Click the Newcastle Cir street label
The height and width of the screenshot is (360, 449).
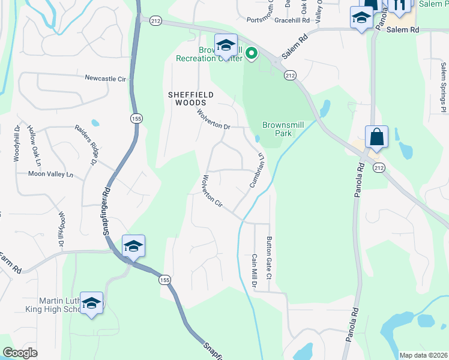point(105,79)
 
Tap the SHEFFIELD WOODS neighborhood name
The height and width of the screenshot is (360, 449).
point(190,99)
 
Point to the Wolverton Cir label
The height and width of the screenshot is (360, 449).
point(213,192)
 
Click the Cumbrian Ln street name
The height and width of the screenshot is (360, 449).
point(258,170)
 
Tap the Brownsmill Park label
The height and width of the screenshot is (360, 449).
point(277,129)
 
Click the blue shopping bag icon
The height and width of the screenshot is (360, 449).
point(376,137)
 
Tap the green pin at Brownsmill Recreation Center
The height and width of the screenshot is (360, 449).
point(251,55)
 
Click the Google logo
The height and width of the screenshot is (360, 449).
point(20,353)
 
